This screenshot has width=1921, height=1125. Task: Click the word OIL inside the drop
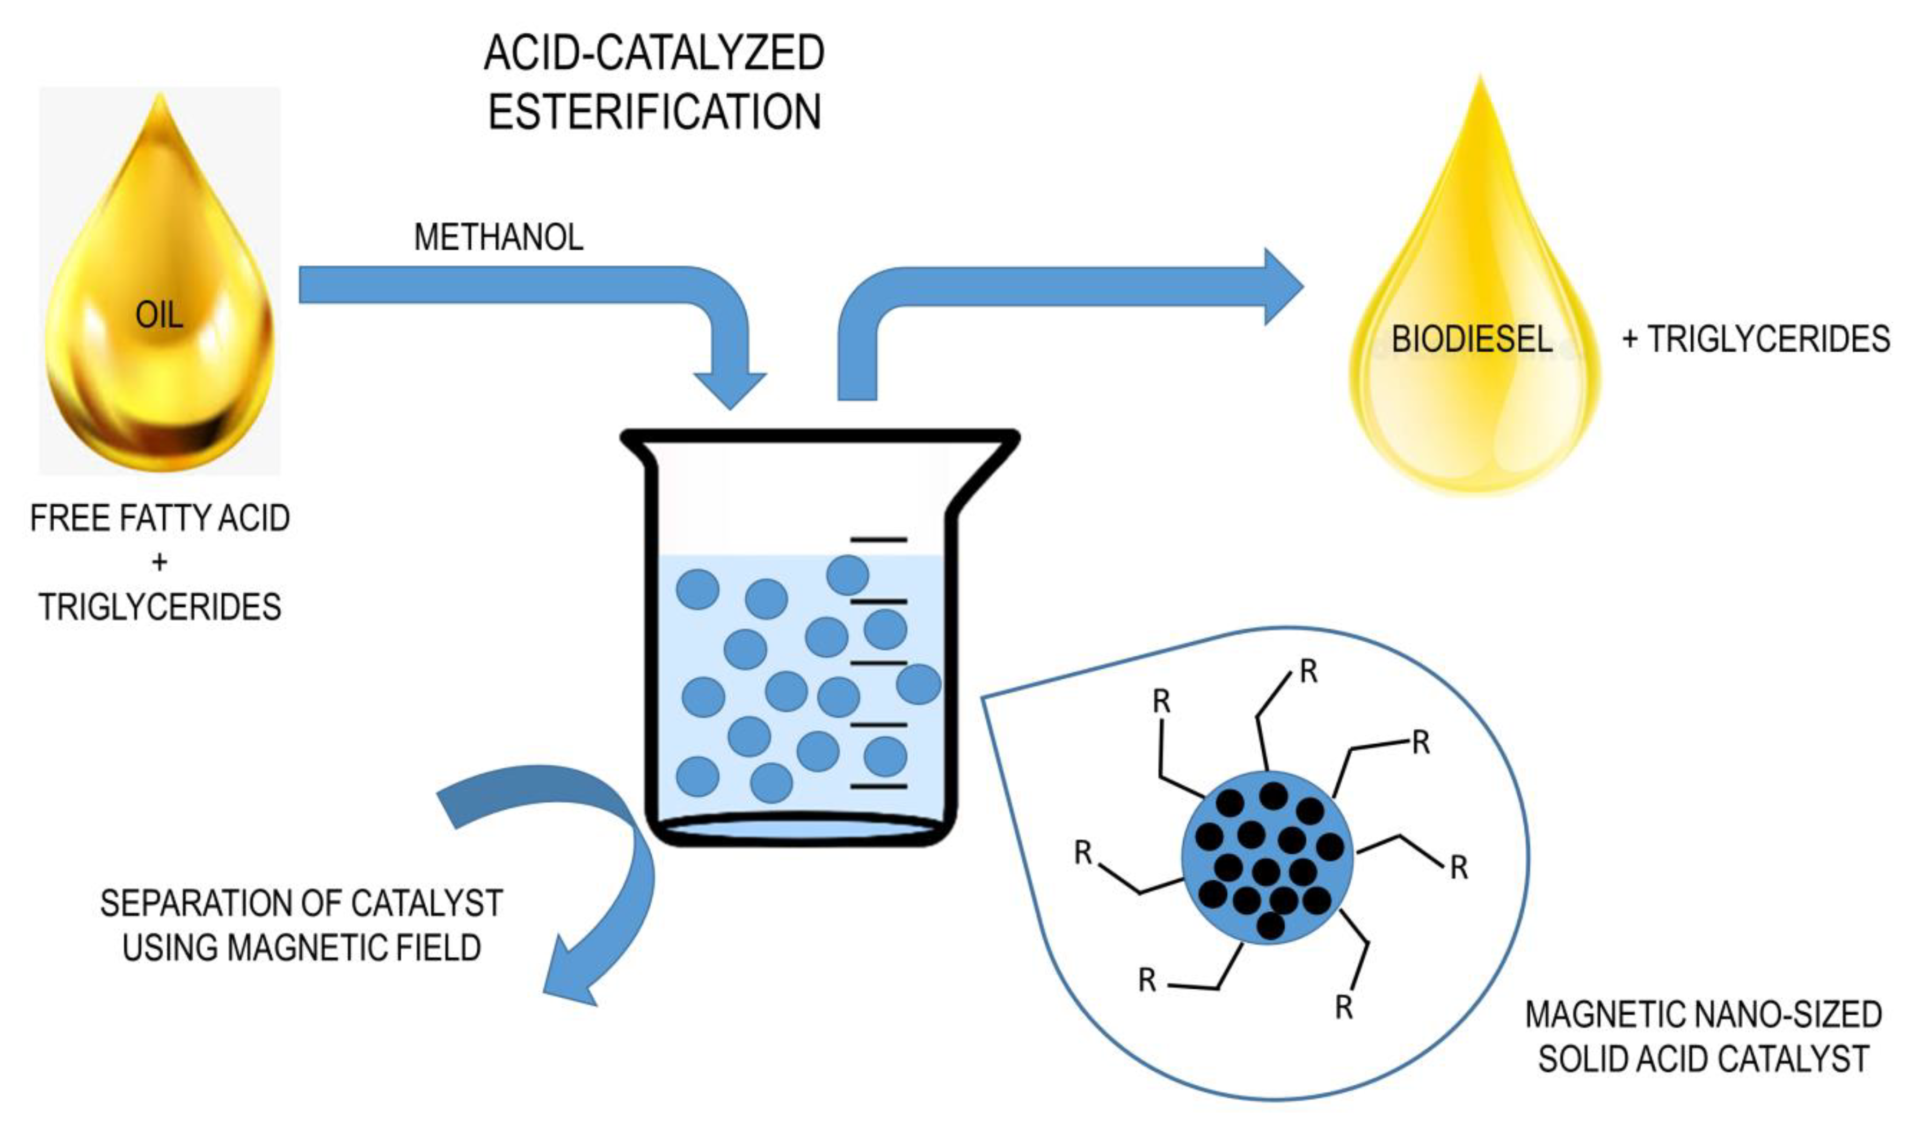(159, 315)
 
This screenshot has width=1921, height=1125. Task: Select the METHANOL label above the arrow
(499, 237)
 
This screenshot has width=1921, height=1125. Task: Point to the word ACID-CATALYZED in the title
(654, 53)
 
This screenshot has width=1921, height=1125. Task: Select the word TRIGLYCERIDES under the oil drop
(159, 607)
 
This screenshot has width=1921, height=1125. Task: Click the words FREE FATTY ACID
(159, 518)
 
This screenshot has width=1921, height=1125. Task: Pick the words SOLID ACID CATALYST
(1704, 1059)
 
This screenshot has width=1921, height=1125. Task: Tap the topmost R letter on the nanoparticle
(1308, 671)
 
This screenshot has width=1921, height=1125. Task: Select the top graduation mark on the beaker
(878, 540)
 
